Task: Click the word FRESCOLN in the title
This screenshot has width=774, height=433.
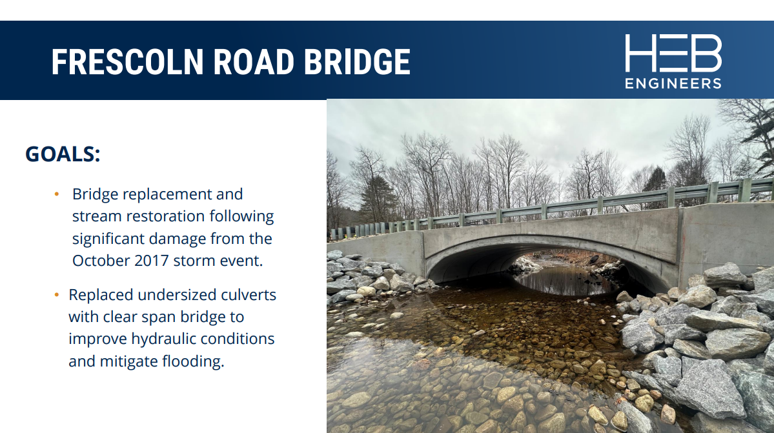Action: [x=127, y=62]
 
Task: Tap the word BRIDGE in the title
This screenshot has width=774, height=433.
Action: [x=357, y=62]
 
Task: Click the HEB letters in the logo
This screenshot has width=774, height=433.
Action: [x=673, y=54]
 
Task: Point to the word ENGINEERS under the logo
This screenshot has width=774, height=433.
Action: [x=673, y=83]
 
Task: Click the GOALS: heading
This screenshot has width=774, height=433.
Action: [x=63, y=154]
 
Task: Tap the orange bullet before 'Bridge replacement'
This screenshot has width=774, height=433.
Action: [x=57, y=194]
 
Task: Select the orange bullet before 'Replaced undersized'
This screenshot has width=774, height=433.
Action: [x=57, y=295]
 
